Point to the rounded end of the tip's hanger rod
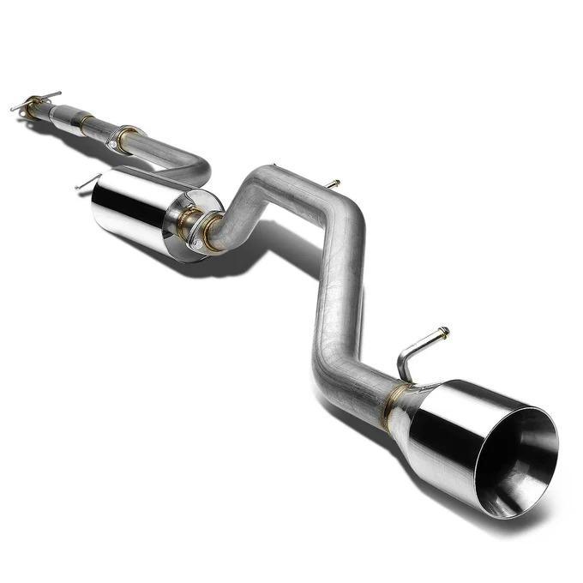click(443, 331)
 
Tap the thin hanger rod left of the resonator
click(87, 182)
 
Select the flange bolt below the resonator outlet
click(200, 244)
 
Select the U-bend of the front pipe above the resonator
click(199, 168)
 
